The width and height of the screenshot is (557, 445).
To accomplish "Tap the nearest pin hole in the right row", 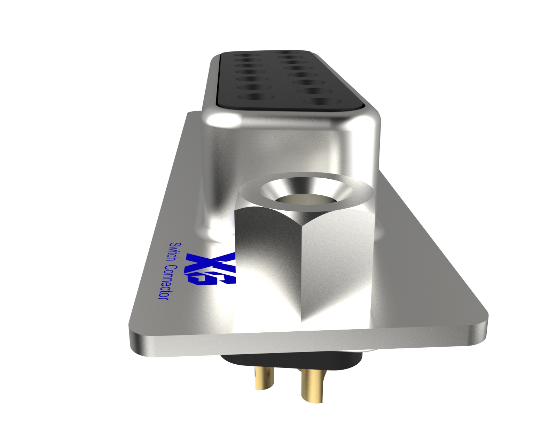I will [322, 101].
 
